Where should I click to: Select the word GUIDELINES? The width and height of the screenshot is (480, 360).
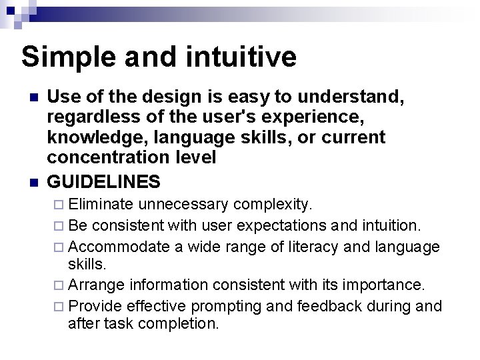[x=104, y=181]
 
